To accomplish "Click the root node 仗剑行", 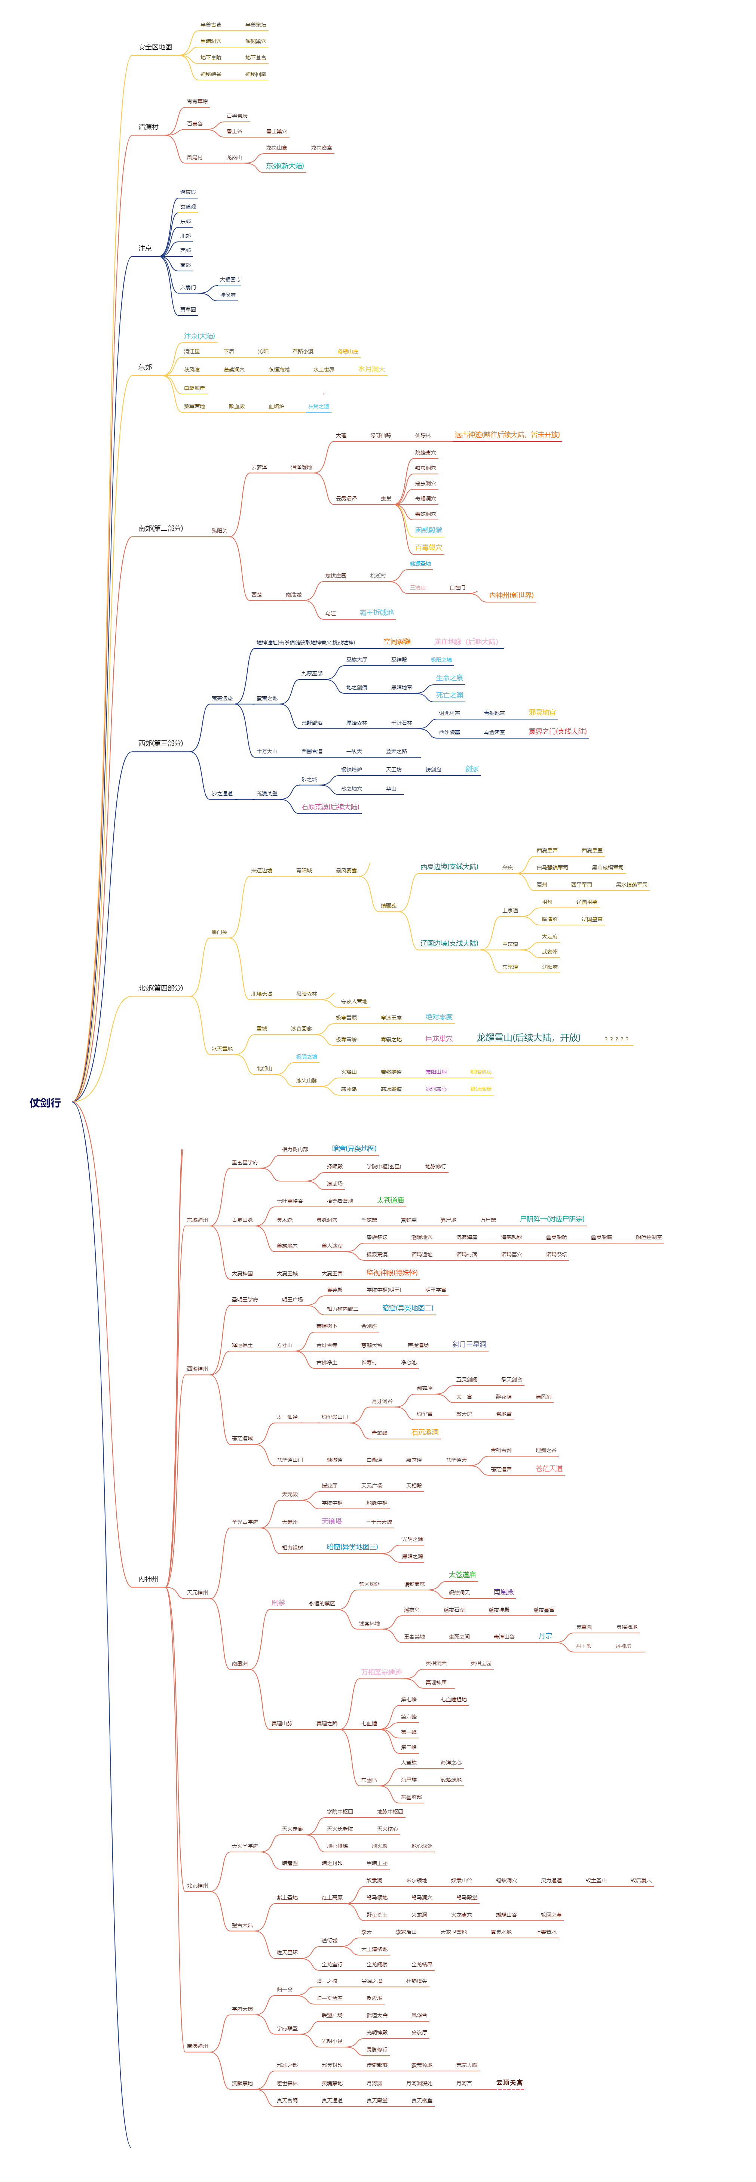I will (45, 1102).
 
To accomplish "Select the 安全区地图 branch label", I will (155, 47).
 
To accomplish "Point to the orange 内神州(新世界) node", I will (511, 595).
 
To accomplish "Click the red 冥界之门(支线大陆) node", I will (557, 731).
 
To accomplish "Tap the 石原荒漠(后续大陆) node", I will (331, 807).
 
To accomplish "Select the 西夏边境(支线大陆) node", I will (449, 866).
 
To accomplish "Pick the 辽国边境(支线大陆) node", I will (449, 943).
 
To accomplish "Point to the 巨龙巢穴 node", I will (439, 1038).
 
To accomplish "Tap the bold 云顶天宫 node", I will (509, 2082).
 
